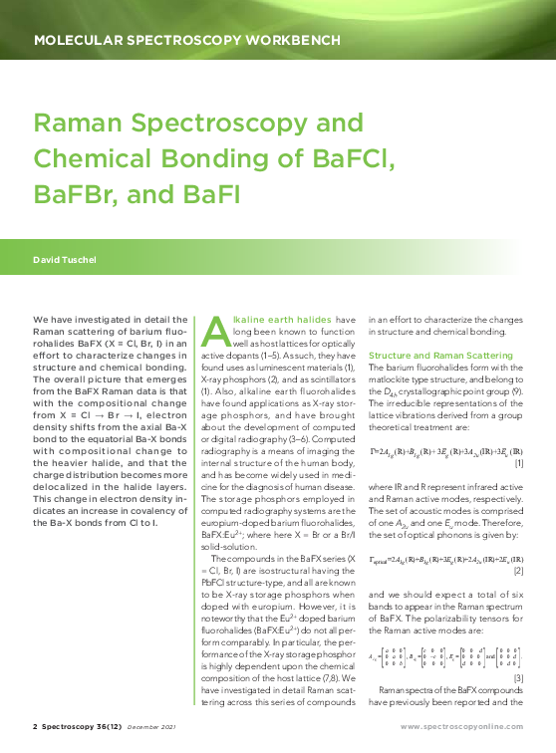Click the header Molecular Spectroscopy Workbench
click(x=186, y=41)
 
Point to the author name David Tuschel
click(x=67, y=260)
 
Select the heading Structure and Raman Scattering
click(x=440, y=356)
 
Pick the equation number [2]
click(x=518, y=573)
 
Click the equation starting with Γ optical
click(x=442, y=560)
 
